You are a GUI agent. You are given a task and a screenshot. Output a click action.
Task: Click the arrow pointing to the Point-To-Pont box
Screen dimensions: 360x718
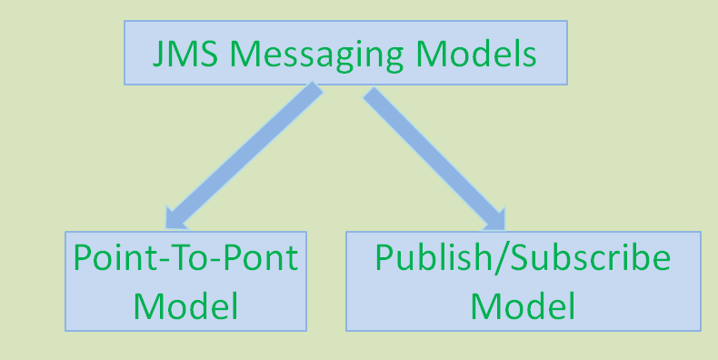click(x=241, y=155)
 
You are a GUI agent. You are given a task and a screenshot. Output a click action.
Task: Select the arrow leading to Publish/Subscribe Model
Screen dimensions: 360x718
click(x=434, y=155)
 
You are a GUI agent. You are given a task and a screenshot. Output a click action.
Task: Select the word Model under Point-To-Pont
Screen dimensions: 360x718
click(x=185, y=305)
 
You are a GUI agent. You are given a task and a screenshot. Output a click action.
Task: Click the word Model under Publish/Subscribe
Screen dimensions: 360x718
click(x=523, y=305)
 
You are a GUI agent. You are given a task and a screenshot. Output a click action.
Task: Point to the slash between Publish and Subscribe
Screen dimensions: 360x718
click(x=492, y=258)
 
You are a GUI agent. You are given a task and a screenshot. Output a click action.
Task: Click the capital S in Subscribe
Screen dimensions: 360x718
click(x=511, y=258)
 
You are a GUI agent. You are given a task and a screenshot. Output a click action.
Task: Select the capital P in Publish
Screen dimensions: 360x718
click(x=385, y=258)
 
